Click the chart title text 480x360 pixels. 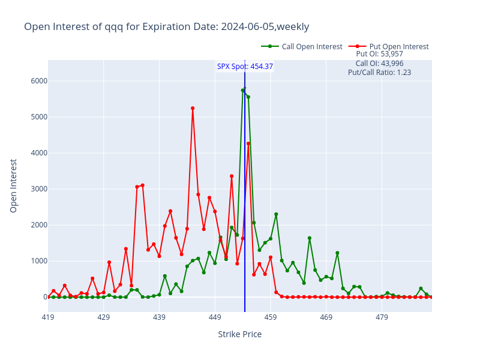tap(166, 26)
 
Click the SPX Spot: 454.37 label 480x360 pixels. tap(245, 67)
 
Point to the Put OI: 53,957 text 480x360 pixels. tap(379, 54)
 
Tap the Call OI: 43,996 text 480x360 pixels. tap(379, 63)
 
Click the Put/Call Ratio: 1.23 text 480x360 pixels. tap(379, 73)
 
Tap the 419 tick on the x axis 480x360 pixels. tap(48, 317)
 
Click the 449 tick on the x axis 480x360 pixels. tap(215, 317)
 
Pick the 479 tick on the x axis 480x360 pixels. tap(382, 317)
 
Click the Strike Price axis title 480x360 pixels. tap(239, 334)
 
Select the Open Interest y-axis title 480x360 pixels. tap(14, 185)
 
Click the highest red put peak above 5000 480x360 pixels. tap(193, 108)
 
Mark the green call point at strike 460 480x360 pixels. tap(276, 214)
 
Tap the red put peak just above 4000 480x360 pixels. tap(248, 143)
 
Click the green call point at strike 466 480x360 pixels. tap(310, 238)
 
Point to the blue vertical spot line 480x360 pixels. tap(245, 180)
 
